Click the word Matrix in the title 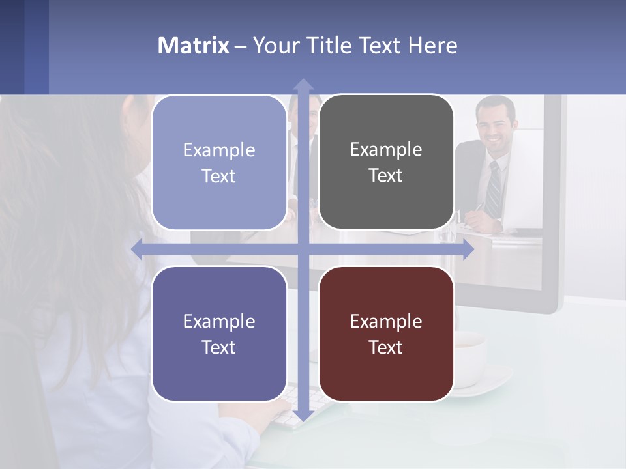pyautogui.click(x=193, y=46)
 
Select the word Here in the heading pyautogui.click(x=432, y=46)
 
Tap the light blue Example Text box pyautogui.click(x=219, y=163)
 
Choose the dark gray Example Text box pyautogui.click(x=386, y=162)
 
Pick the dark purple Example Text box pyautogui.click(x=219, y=334)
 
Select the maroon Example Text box pyautogui.click(x=386, y=334)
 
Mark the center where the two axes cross pyautogui.click(x=303, y=249)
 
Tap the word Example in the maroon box pyautogui.click(x=386, y=321)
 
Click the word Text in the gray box pyautogui.click(x=386, y=176)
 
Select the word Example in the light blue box pyautogui.click(x=219, y=150)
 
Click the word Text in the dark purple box pyautogui.click(x=219, y=347)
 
